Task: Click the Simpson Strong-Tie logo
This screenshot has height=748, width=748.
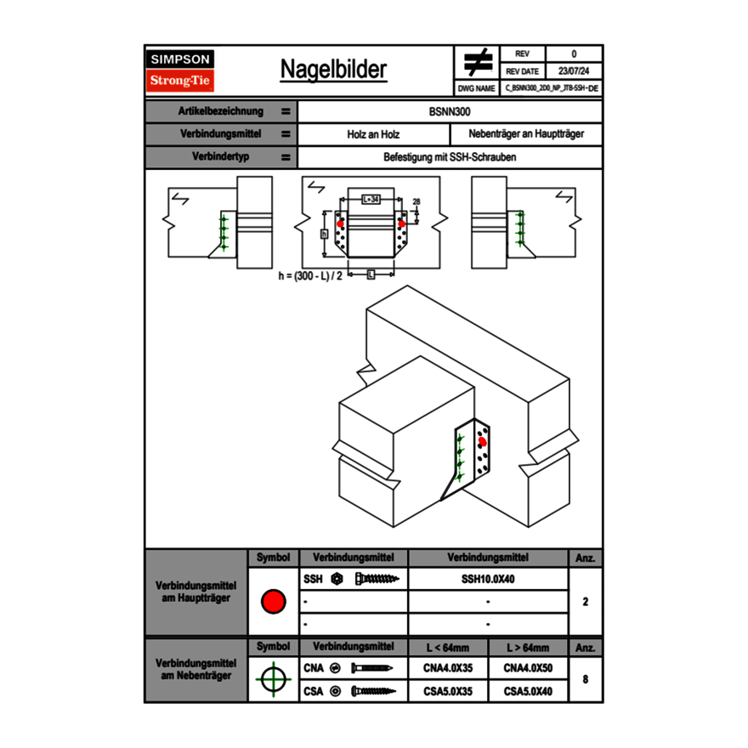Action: point(181,71)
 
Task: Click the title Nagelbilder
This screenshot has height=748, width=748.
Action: point(333,71)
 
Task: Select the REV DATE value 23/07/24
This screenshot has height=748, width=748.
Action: point(574,71)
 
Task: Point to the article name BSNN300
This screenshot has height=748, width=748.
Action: point(450,111)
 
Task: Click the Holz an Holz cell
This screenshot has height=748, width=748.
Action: point(373,134)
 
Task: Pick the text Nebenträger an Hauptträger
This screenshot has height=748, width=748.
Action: point(526,134)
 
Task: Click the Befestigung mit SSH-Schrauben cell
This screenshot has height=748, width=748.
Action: point(450,157)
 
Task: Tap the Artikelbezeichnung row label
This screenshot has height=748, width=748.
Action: point(220,111)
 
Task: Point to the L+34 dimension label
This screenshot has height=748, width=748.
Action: point(370,198)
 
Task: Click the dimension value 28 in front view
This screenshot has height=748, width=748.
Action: point(416,201)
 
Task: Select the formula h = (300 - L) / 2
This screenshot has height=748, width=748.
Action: point(310,276)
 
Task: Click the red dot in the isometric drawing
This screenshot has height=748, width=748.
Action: point(482,441)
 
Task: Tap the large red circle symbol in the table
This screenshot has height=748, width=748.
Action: point(273,602)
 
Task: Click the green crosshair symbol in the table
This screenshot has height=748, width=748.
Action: point(273,679)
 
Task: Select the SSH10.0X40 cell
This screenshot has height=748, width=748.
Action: point(488,579)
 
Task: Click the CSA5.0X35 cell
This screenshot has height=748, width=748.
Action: point(448,691)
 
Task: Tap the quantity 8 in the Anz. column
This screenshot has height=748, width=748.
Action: point(586,679)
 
